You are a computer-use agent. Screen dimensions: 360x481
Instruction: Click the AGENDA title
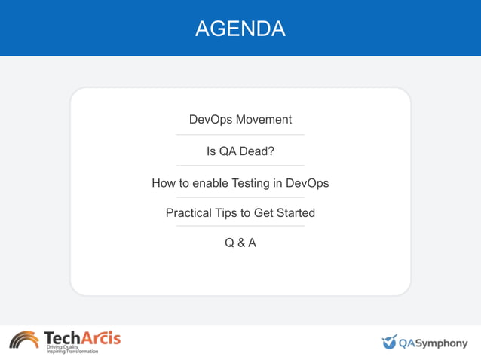pos(240,29)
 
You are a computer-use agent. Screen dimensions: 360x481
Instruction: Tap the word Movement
pos(263,120)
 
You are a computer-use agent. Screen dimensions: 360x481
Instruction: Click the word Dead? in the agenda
pos(256,151)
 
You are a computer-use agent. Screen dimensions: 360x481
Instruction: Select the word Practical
pos(188,213)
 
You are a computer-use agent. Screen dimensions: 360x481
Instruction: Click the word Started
pos(295,213)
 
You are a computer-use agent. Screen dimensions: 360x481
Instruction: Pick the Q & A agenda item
pos(240,243)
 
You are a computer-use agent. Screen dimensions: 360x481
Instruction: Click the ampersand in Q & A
pos(240,243)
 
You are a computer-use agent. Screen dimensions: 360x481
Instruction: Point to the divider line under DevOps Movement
pos(240,135)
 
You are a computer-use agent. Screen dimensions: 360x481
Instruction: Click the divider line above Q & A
pos(240,226)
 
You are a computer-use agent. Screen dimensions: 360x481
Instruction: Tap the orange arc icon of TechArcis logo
pos(24,340)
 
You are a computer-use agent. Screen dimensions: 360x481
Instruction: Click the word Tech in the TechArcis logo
pos(62,337)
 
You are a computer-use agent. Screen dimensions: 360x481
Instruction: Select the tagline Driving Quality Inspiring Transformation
pos(72,349)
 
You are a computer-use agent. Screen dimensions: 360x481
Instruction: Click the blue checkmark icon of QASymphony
pos(389,343)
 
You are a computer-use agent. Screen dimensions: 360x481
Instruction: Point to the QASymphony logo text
pos(434,343)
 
